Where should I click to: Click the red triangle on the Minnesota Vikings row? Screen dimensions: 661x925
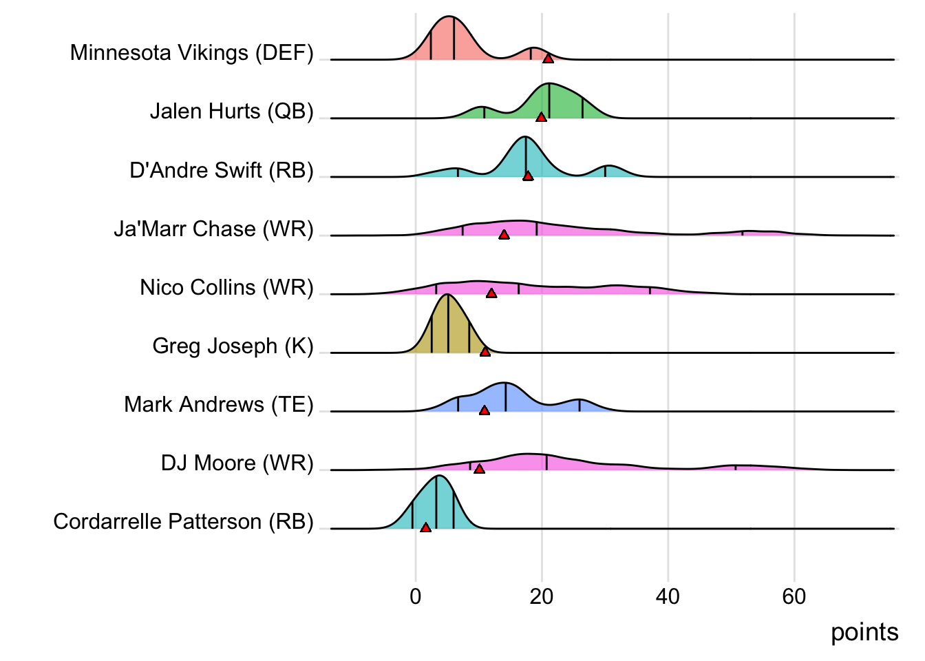pyautogui.click(x=548, y=59)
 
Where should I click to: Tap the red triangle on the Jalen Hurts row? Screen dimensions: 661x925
pyautogui.click(x=542, y=117)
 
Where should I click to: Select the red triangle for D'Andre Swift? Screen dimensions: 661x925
pyautogui.click(x=528, y=176)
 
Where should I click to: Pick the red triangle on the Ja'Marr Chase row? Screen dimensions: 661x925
pyautogui.click(x=504, y=235)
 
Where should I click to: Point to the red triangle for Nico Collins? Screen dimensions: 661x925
pyautogui.click(x=491, y=293)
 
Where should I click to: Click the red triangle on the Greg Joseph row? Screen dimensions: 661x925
pyautogui.click(x=485, y=352)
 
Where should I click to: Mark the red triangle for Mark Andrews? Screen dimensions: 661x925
pyautogui.click(x=485, y=410)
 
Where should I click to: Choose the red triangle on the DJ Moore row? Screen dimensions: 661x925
pyautogui.click(x=480, y=469)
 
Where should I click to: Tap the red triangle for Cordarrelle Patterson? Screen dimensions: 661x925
pyautogui.click(x=425, y=527)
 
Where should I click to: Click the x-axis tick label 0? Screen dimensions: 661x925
pyautogui.click(x=416, y=596)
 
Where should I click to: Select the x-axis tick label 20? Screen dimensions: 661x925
pyautogui.click(x=542, y=596)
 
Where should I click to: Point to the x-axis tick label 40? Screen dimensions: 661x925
pyautogui.click(x=668, y=596)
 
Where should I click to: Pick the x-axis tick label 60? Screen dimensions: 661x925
pyautogui.click(x=794, y=596)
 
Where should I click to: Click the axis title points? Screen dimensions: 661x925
pyautogui.click(x=864, y=632)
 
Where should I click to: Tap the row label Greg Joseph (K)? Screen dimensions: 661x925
pyautogui.click(x=233, y=346)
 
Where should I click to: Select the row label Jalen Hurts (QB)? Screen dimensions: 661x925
pyautogui.click(x=232, y=111)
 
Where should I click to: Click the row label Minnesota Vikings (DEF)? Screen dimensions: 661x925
pyautogui.click(x=192, y=52)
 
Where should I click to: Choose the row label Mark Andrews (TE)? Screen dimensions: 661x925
pyautogui.click(x=219, y=404)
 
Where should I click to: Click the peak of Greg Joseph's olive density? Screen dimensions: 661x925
pyautogui.click(x=448, y=295)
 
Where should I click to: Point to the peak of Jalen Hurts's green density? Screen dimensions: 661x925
pyautogui.click(x=550, y=83)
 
